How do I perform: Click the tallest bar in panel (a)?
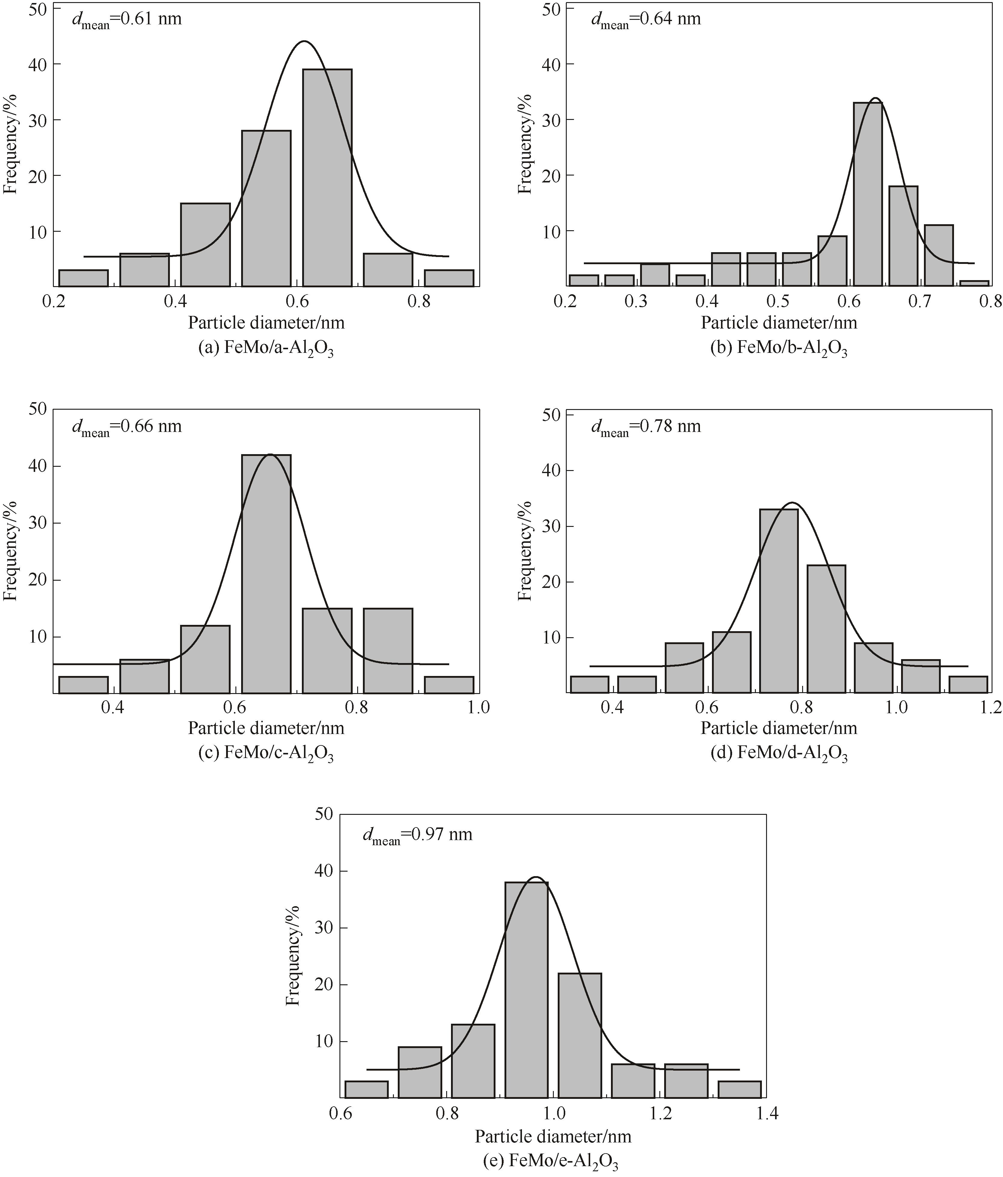point(327,177)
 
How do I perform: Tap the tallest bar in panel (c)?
point(266,574)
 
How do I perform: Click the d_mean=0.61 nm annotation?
point(127,20)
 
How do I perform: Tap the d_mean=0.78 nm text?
point(646,426)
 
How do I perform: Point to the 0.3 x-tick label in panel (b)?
point(636,302)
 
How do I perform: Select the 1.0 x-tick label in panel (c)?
point(478,708)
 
